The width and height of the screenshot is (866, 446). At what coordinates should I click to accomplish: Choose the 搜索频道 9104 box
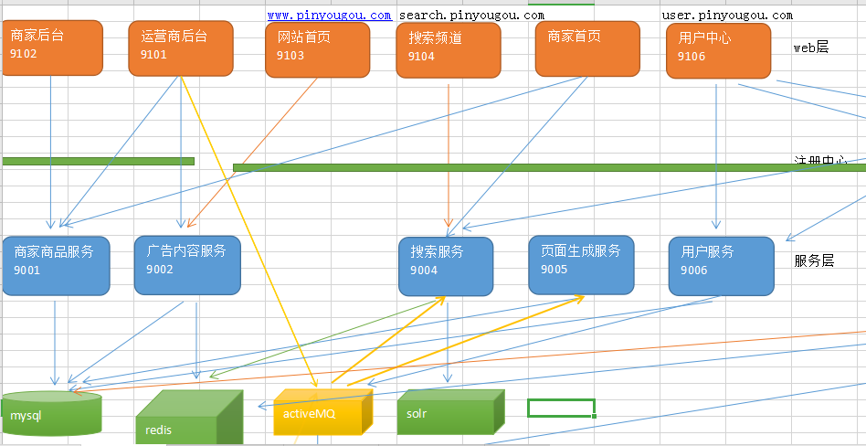click(x=449, y=49)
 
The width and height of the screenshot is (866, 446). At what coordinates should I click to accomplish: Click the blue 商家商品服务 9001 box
click(x=56, y=265)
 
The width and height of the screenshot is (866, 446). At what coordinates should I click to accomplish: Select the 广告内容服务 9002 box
click(x=187, y=265)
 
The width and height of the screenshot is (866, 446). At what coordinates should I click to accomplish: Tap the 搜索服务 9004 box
click(x=445, y=266)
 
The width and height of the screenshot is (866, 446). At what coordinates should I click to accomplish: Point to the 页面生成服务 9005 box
click(x=581, y=265)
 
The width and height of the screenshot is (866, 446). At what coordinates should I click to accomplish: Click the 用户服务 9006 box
click(x=721, y=266)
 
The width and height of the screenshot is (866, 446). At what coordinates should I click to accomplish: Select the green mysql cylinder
click(x=51, y=415)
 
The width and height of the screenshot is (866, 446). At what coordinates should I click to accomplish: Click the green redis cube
click(x=187, y=419)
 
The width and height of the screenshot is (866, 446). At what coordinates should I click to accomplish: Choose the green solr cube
click(x=450, y=412)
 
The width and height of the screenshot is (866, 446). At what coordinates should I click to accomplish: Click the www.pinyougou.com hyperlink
click(x=330, y=16)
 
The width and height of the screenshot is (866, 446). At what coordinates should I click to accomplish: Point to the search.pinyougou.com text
click(x=471, y=16)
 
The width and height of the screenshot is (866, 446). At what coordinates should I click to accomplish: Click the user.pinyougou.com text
click(x=727, y=16)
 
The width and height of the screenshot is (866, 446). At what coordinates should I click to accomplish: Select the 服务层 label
click(x=814, y=260)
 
